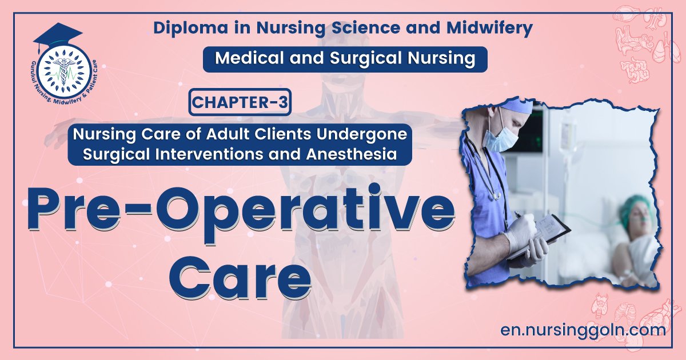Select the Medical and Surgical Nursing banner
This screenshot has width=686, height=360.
click(x=345, y=59)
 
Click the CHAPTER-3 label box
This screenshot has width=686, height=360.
click(x=240, y=102)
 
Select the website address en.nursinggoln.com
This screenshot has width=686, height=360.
click(x=582, y=330)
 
